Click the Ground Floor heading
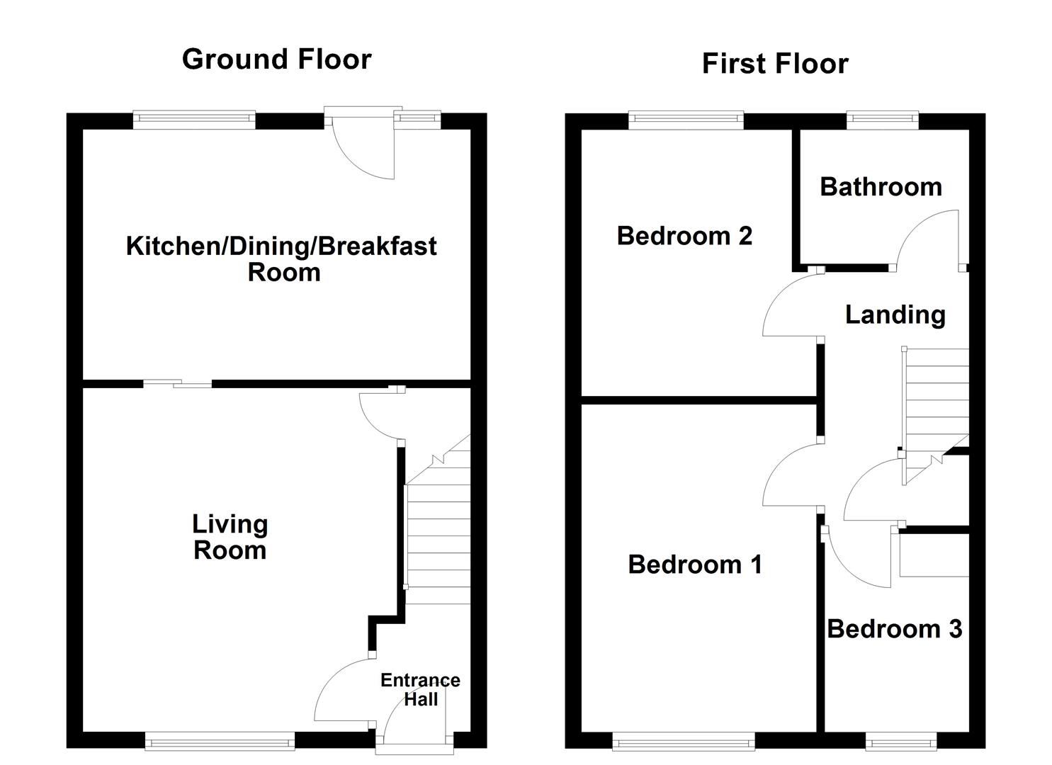coord(276,59)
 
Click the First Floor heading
coord(774,64)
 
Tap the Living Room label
coord(230,537)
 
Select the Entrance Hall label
coord(420,689)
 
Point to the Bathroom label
coord(881,187)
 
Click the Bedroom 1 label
coord(695,565)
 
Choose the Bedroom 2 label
coord(684,235)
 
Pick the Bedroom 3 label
coord(895,629)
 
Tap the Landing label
coord(895,314)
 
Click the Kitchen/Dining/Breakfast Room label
coord(281,259)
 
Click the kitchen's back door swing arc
coord(361,152)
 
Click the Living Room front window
coord(220,741)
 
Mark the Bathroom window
coord(883,120)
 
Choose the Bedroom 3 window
coord(901,741)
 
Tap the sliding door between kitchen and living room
coord(178,385)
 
